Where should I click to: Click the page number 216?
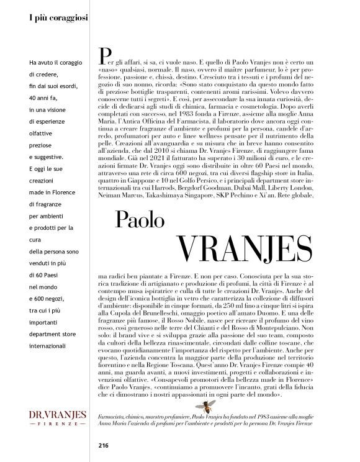click(x=103, y=444)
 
